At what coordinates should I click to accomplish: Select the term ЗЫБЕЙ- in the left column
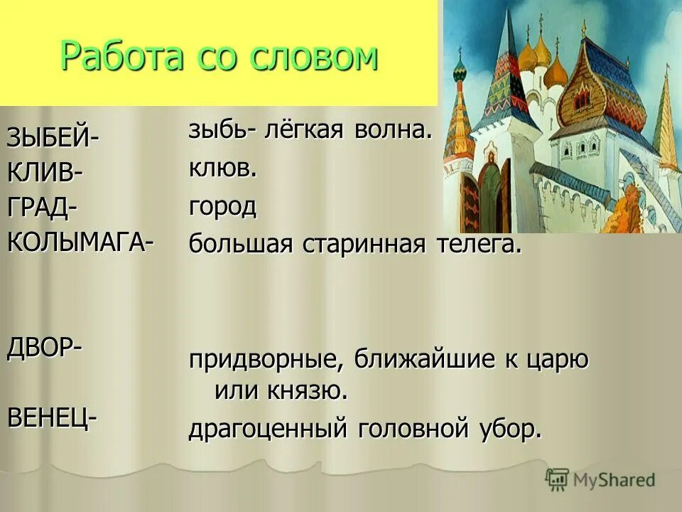(x=54, y=137)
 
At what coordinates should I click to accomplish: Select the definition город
(x=222, y=208)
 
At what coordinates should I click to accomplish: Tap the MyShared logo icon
(x=558, y=479)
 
